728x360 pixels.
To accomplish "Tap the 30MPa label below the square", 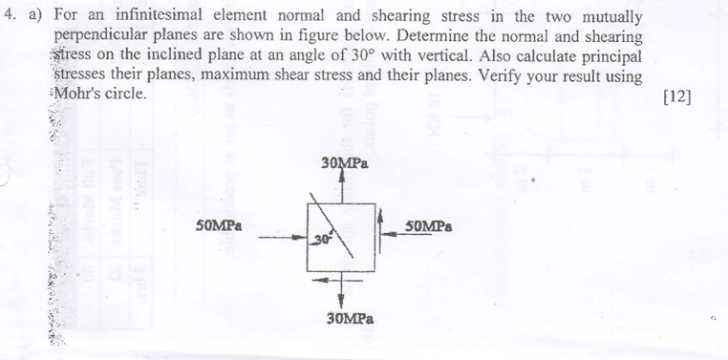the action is [349, 318].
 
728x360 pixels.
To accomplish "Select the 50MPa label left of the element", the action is [219, 226].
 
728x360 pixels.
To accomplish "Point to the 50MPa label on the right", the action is [428, 227].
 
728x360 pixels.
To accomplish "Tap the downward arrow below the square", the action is [341, 291].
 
